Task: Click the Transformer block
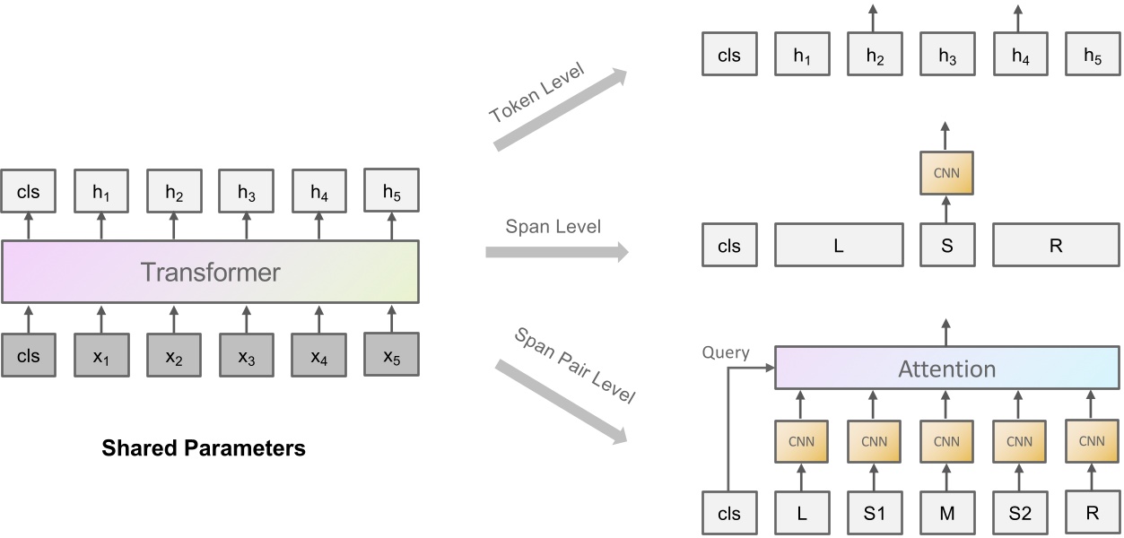[x=210, y=272]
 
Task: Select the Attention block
[x=946, y=369]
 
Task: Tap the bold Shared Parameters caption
[x=204, y=447]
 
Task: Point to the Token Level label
[x=536, y=93]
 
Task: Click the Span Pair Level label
[x=574, y=366]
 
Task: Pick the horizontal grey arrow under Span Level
[x=557, y=252]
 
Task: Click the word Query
[x=725, y=352]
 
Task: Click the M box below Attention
[x=946, y=514]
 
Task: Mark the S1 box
[x=874, y=514]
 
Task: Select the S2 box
[x=1019, y=514]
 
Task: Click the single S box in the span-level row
[x=946, y=246]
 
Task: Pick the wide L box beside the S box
[x=838, y=246]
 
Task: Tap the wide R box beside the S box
[x=1055, y=246]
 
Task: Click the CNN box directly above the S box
[x=946, y=172]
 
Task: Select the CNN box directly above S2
[x=1019, y=441]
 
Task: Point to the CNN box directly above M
[x=946, y=441]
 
